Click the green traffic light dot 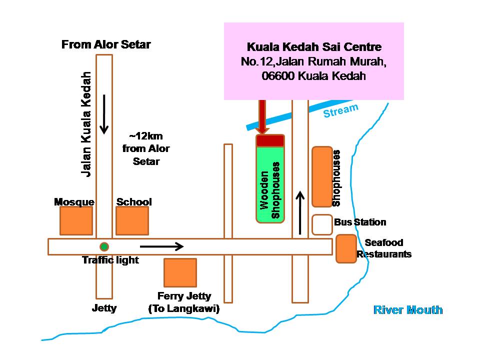click(104, 246)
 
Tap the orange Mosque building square click(76, 220)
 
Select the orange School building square click(132, 220)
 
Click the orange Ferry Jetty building click(180, 272)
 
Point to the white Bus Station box click(322, 224)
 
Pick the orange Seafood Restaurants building click(346, 248)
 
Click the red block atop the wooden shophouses click(270, 140)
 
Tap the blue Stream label click(340, 110)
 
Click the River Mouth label click(408, 310)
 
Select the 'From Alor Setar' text click(106, 45)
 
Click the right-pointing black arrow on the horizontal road click(161, 246)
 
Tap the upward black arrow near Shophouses click(300, 212)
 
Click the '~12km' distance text click(146, 136)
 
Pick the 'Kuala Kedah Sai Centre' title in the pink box click(314, 47)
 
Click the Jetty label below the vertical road click(104, 308)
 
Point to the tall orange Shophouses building click(322, 176)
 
